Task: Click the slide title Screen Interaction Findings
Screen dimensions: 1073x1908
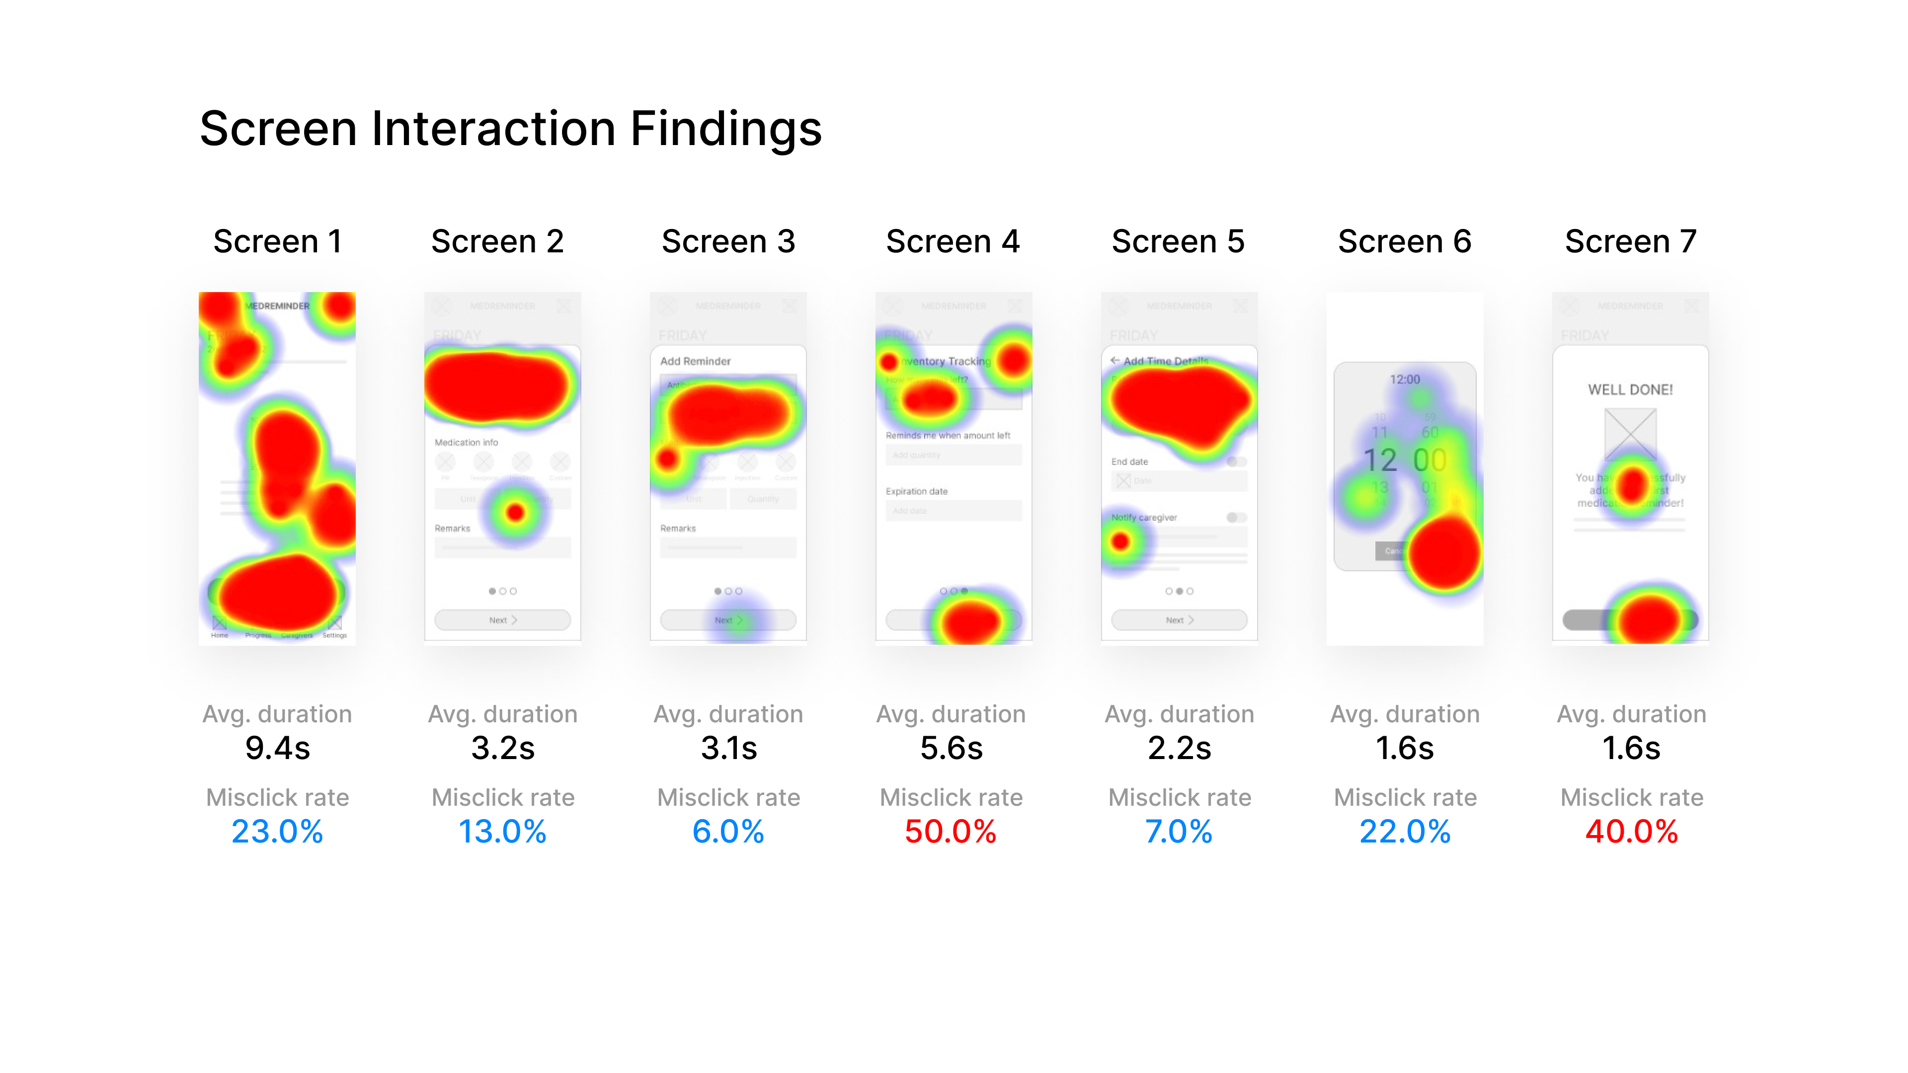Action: click(x=510, y=129)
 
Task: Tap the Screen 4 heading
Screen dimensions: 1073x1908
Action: click(x=953, y=241)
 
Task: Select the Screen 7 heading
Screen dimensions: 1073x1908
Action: click(x=1630, y=241)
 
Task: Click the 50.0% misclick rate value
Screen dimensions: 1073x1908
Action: click(x=951, y=832)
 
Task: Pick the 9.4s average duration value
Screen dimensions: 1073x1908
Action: click(x=277, y=748)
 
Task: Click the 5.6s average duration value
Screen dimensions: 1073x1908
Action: click(x=951, y=748)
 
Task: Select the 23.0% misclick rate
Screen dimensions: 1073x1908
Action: click(x=277, y=832)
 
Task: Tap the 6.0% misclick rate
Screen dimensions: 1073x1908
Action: click(x=728, y=832)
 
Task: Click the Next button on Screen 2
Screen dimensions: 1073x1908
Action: click(x=502, y=620)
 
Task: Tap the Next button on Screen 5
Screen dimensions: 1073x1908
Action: click(x=1179, y=620)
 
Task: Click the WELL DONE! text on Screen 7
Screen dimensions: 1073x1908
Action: click(x=1630, y=389)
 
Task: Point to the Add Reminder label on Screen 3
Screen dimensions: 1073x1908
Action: click(x=695, y=361)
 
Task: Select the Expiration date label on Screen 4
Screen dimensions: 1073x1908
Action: click(x=916, y=491)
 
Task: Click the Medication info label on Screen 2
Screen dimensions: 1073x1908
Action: click(x=466, y=442)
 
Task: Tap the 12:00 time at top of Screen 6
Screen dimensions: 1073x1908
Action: click(x=1404, y=379)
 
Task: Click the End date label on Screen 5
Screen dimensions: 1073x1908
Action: click(x=1129, y=461)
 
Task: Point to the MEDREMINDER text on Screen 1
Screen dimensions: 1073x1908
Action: click(x=278, y=306)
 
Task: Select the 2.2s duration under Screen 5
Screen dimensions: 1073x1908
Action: click(x=1179, y=748)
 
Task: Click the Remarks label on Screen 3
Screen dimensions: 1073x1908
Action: click(x=678, y=528)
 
